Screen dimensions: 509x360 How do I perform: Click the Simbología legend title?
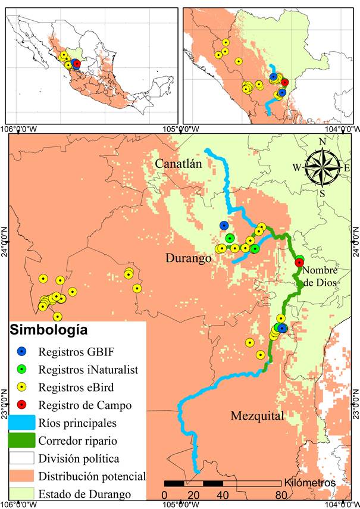pyautogui.click(x=48, y=330)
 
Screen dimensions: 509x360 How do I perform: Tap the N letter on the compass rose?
pyautogui.click(x=322, y=142)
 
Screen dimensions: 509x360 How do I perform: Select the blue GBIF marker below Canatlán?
pyautogui.click(x=224, y=226)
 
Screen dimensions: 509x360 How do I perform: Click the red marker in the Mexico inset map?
pyautogui.click(x=76, y=64)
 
